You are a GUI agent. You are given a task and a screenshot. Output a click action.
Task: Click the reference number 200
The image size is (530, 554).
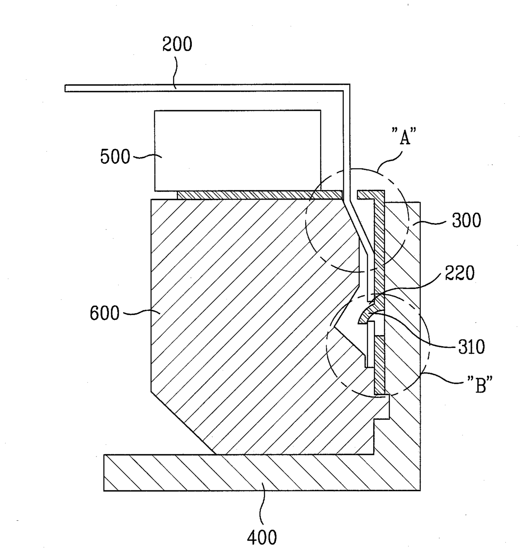point(177,44)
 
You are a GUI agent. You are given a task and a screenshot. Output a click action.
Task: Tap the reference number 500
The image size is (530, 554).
point(115,157)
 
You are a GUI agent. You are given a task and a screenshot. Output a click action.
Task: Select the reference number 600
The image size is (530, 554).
point(104,313)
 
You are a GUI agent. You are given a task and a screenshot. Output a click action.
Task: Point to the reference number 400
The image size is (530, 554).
point(262,537)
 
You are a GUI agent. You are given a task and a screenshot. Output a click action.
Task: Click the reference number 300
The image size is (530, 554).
point(466,221)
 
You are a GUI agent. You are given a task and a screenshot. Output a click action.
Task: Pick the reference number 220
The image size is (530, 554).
point(459,273)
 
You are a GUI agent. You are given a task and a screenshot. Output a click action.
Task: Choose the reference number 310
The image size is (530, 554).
point(471,347)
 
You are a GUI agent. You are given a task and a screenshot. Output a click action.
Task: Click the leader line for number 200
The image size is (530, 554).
point(174,73)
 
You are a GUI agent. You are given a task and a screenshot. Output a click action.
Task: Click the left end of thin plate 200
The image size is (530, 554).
point(67,88)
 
